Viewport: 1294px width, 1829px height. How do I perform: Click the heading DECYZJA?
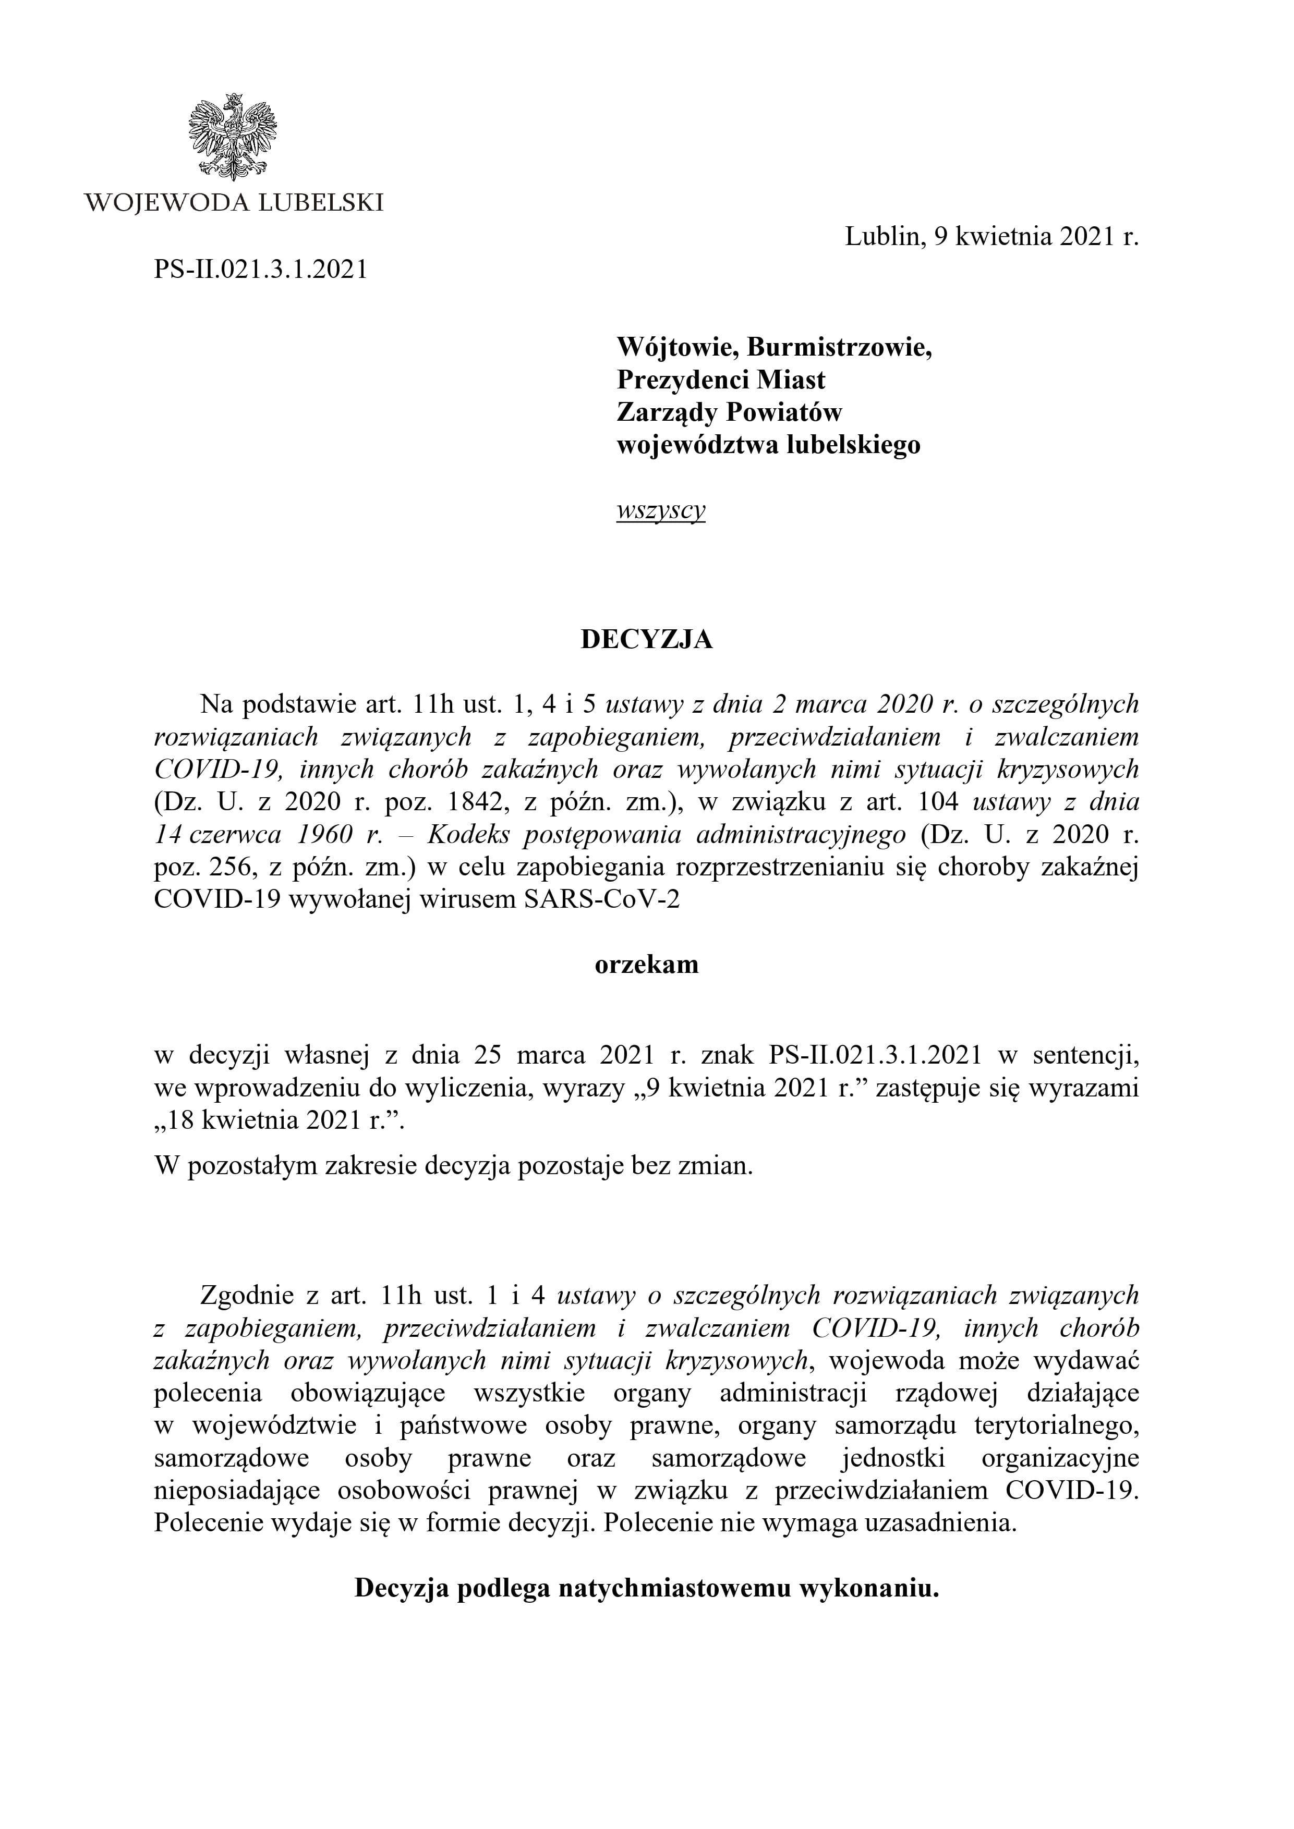pos(646,640)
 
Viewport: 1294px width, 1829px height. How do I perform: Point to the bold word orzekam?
pos(646,965)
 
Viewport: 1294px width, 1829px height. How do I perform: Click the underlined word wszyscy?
pos(660,510)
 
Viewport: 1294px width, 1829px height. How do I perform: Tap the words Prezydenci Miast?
pos(721,380)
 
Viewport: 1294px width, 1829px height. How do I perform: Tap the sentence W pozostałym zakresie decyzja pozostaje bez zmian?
pos(453,1166)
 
